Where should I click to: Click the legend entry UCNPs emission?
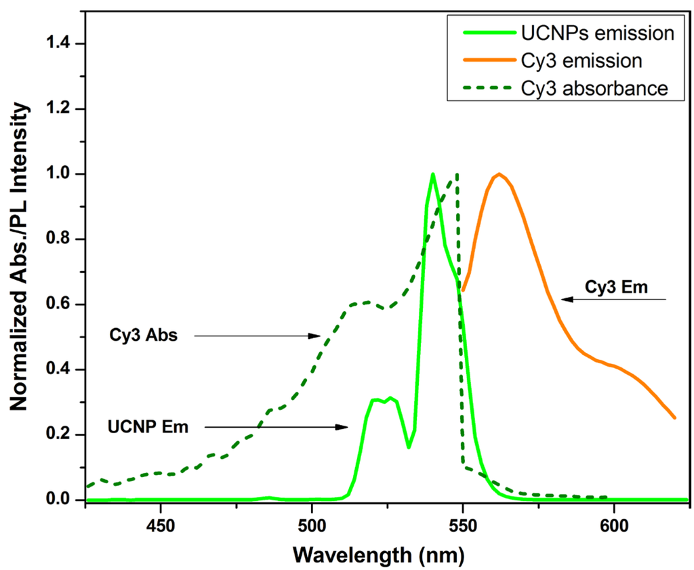tap(596, 33)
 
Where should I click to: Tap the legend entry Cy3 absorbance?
tap(594, 89)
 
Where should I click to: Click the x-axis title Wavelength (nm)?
tap(379, 554)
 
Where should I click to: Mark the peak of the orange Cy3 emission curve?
tap(499, 174)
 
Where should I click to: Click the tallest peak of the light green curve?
tap(432, 174)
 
